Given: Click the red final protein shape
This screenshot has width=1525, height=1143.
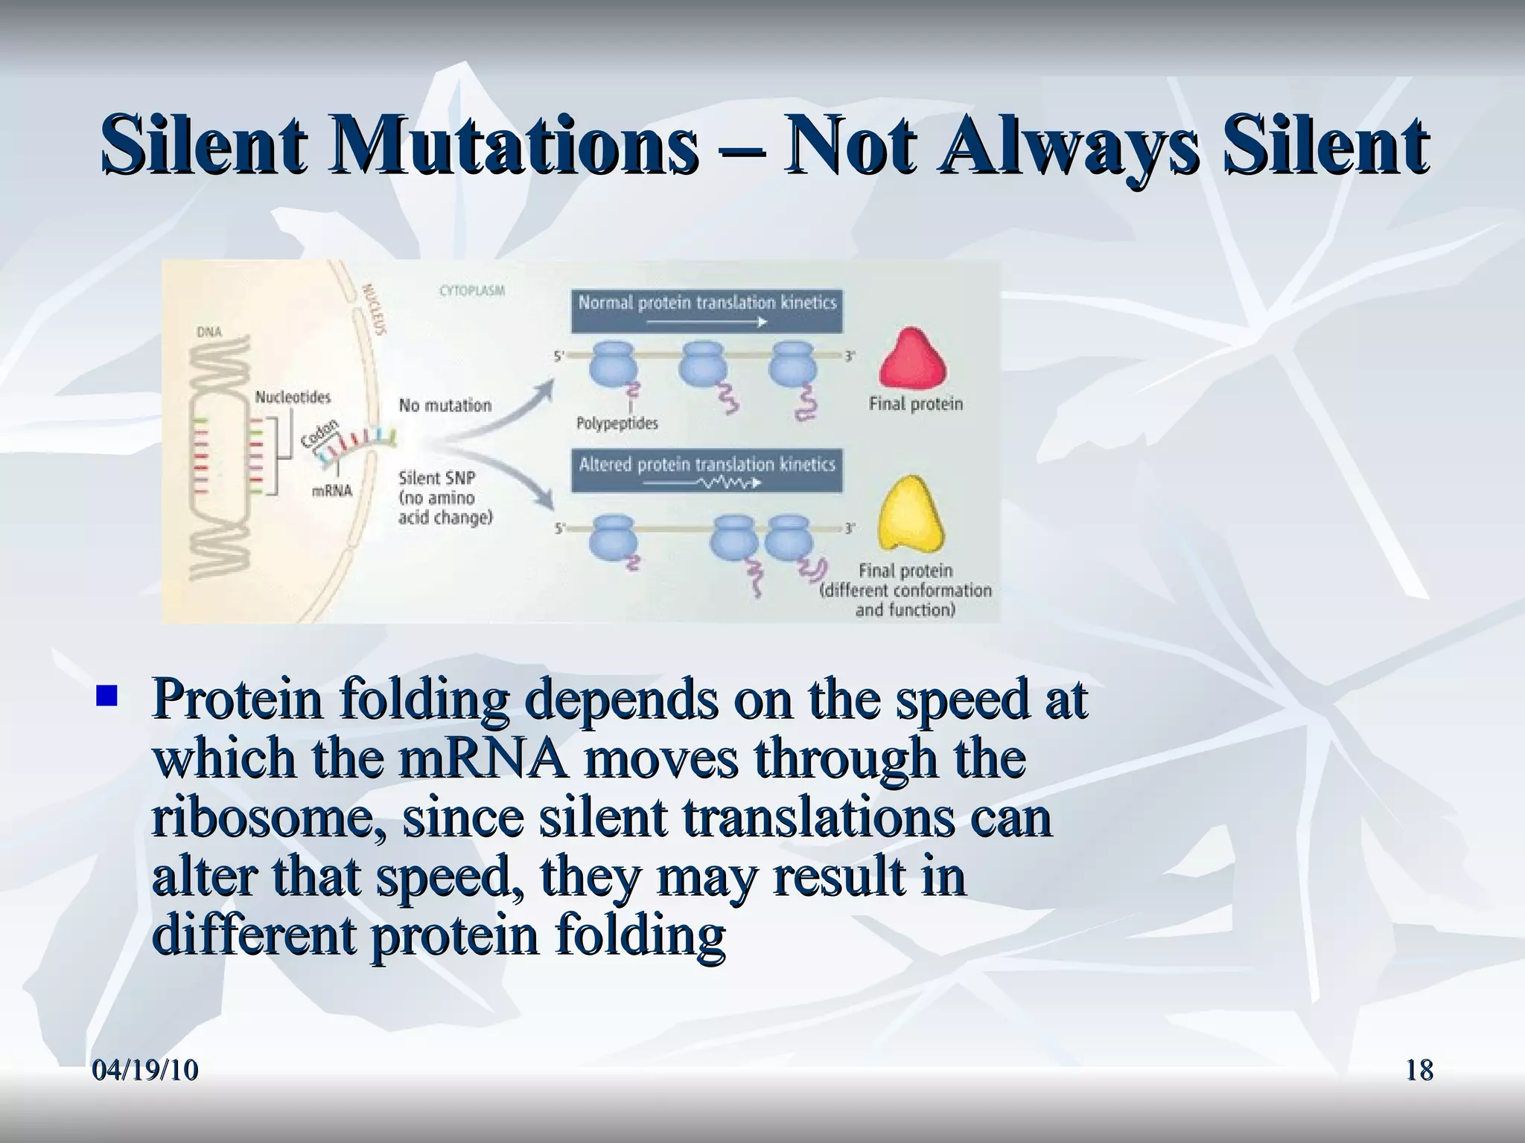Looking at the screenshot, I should tap(913, 359).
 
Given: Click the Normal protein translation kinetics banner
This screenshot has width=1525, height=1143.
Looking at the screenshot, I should tap(707, 310).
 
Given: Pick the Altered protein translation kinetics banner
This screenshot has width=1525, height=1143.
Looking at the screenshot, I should tap(707, 470).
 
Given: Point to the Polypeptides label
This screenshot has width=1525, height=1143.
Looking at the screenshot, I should tap(617, 423).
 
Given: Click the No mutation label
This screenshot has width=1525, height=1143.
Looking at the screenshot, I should tap(445, 406).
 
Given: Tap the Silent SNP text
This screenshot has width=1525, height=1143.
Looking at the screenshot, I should tap(436, 478).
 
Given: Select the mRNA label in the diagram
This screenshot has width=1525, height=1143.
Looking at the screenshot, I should tap(332, 491).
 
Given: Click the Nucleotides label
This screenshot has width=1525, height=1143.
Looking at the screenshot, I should tap(293, 397).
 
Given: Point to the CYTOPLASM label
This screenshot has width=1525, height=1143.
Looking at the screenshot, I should tap(472, 291).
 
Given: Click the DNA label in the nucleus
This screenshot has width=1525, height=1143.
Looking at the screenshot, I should tap(209, 332).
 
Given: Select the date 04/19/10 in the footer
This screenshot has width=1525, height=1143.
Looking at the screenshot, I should tap(146, 1070).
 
